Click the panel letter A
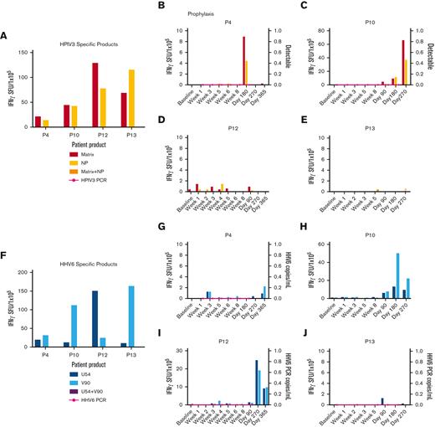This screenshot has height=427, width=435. [6, 35]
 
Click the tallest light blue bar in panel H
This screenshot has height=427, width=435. [397, 276]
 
